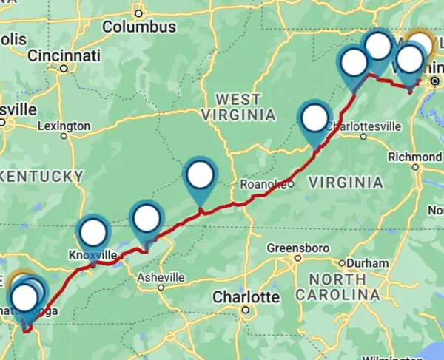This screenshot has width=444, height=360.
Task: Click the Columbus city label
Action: click(139, 27)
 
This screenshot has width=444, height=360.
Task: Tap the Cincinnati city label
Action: click(64, 55)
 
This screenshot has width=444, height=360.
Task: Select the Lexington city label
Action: click(63, 126)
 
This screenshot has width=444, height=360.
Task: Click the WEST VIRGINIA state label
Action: click(238, 107)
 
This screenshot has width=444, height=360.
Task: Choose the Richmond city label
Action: click(414, 157)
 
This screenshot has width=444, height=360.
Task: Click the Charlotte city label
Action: click(246, 297)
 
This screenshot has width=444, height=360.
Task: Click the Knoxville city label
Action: click(93, 255)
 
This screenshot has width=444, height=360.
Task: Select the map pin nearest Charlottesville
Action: click(315, 118)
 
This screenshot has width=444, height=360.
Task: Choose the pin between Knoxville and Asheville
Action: click(147, 218)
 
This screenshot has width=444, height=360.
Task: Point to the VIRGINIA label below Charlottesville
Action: click(345, 182)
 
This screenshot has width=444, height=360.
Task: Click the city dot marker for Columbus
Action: click(139, 13)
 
